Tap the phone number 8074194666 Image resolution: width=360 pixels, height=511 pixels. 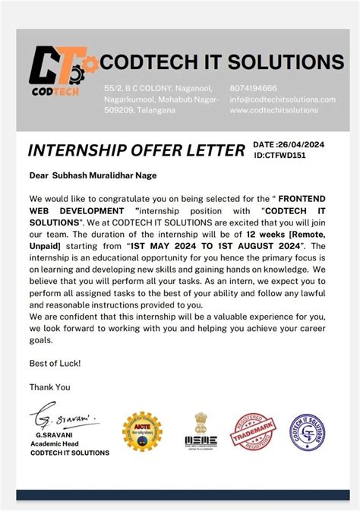[x=254, y=89]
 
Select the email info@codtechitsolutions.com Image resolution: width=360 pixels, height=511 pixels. [x=282, y=99]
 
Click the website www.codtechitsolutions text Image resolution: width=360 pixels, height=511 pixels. [x=273, y=110]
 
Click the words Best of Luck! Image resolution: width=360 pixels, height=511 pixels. [x=55, y=364]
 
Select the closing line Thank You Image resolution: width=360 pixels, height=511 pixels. [x=49, y=386]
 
